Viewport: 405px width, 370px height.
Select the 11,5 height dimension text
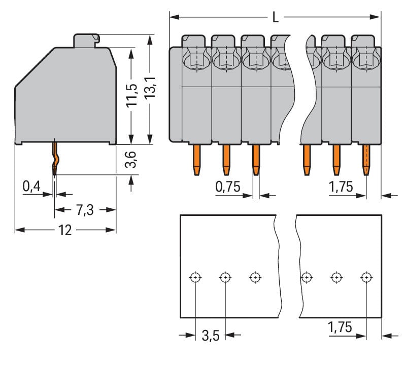(x=131, y=95)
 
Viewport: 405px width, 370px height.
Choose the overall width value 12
(x=65, y=230)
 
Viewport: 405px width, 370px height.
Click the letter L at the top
(x=275, y=18)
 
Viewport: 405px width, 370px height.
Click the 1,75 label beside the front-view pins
(x=341, y=187)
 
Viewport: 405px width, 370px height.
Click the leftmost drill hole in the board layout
(x=196, y=277)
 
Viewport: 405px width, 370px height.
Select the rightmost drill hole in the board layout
(x=366, y=277)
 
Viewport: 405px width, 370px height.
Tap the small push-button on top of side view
(x=86, y=40)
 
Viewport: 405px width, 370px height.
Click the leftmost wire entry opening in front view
(x=195, y=60)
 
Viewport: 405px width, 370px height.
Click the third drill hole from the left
(x=255, y=277)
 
